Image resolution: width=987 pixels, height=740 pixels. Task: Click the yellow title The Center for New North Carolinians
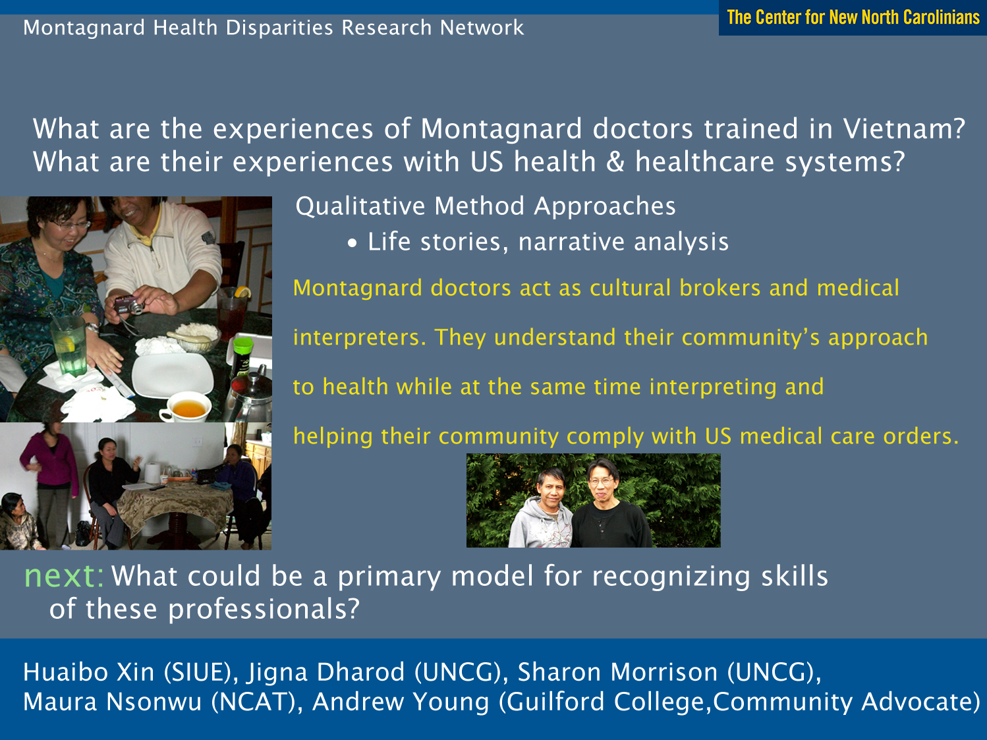(x=853, y=18)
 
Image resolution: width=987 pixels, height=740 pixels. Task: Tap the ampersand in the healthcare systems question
(x=615, y=162)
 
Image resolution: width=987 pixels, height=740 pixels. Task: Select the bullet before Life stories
(x=352, y=243)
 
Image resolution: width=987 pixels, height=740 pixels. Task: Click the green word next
(x=64, y=577)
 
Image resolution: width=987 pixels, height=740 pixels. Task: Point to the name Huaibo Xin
(x=89, y=673)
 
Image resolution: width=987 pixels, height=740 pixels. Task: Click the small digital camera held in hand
(x=129, y=305)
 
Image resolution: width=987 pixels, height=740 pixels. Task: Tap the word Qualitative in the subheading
(x=360, y=207)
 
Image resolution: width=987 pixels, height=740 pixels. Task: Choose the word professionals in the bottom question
(x=264, y=609)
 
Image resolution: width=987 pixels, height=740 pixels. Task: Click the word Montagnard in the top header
(x=84, y=28)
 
